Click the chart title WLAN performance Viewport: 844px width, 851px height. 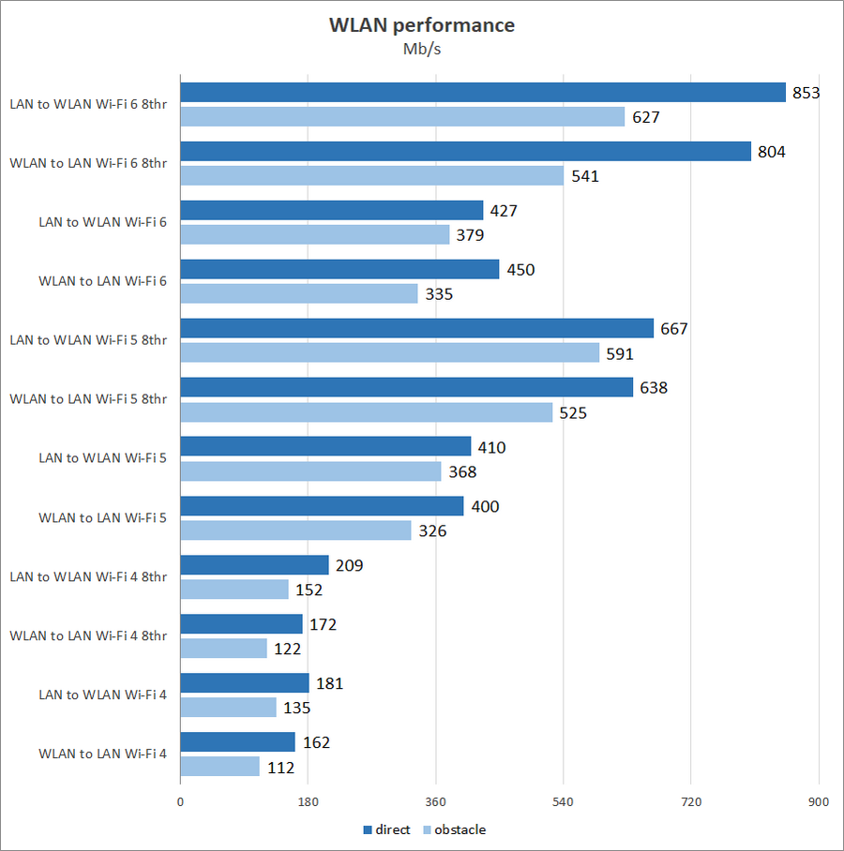coord(421,25)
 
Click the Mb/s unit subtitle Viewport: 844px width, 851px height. coord(421,50)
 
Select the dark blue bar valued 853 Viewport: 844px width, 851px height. coord(482,92)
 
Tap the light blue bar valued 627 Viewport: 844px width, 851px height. coord(402,116)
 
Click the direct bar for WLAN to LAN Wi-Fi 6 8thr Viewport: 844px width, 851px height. coord(465,151)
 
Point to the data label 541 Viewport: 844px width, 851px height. coord(584,175)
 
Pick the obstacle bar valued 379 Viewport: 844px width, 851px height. coord(314,234)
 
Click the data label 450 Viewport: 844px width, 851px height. coord(520,270)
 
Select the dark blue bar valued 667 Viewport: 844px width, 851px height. coord(416,328)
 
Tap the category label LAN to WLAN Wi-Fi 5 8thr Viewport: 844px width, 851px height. coord(88,340)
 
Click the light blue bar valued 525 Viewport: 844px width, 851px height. coord(366,411)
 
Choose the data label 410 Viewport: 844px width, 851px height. coord(490,447)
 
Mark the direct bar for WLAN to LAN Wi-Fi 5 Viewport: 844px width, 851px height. coord(322,506)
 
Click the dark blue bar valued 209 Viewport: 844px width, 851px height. coord(254,564)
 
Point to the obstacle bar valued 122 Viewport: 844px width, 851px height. coord(223,648)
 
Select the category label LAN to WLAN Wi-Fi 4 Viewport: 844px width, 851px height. coord(103,694)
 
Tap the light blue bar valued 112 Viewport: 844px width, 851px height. coord(219,766)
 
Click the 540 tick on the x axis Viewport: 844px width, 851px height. coord(563,802)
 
